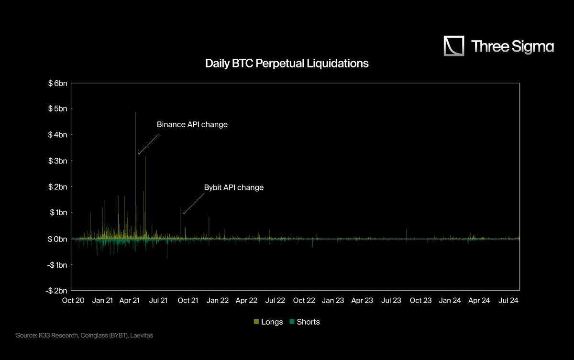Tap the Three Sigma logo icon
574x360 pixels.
click(453, 46)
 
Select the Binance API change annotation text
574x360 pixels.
click(192, 125)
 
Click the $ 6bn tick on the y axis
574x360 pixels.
click(57, 83)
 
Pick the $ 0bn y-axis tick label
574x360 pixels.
click(57, 239)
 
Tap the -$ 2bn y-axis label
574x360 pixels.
click(56, 291)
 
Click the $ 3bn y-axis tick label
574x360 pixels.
click(57, 161)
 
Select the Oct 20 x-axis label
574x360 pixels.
click(73, 301)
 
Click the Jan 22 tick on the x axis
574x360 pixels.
click(218, 301)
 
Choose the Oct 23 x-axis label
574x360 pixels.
click(421, 301)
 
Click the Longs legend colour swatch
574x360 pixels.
click(256, 322)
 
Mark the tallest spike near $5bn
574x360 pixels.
click(135, 115)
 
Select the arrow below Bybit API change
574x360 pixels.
click(191, 206)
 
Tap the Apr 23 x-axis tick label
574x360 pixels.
click(362, 301)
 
